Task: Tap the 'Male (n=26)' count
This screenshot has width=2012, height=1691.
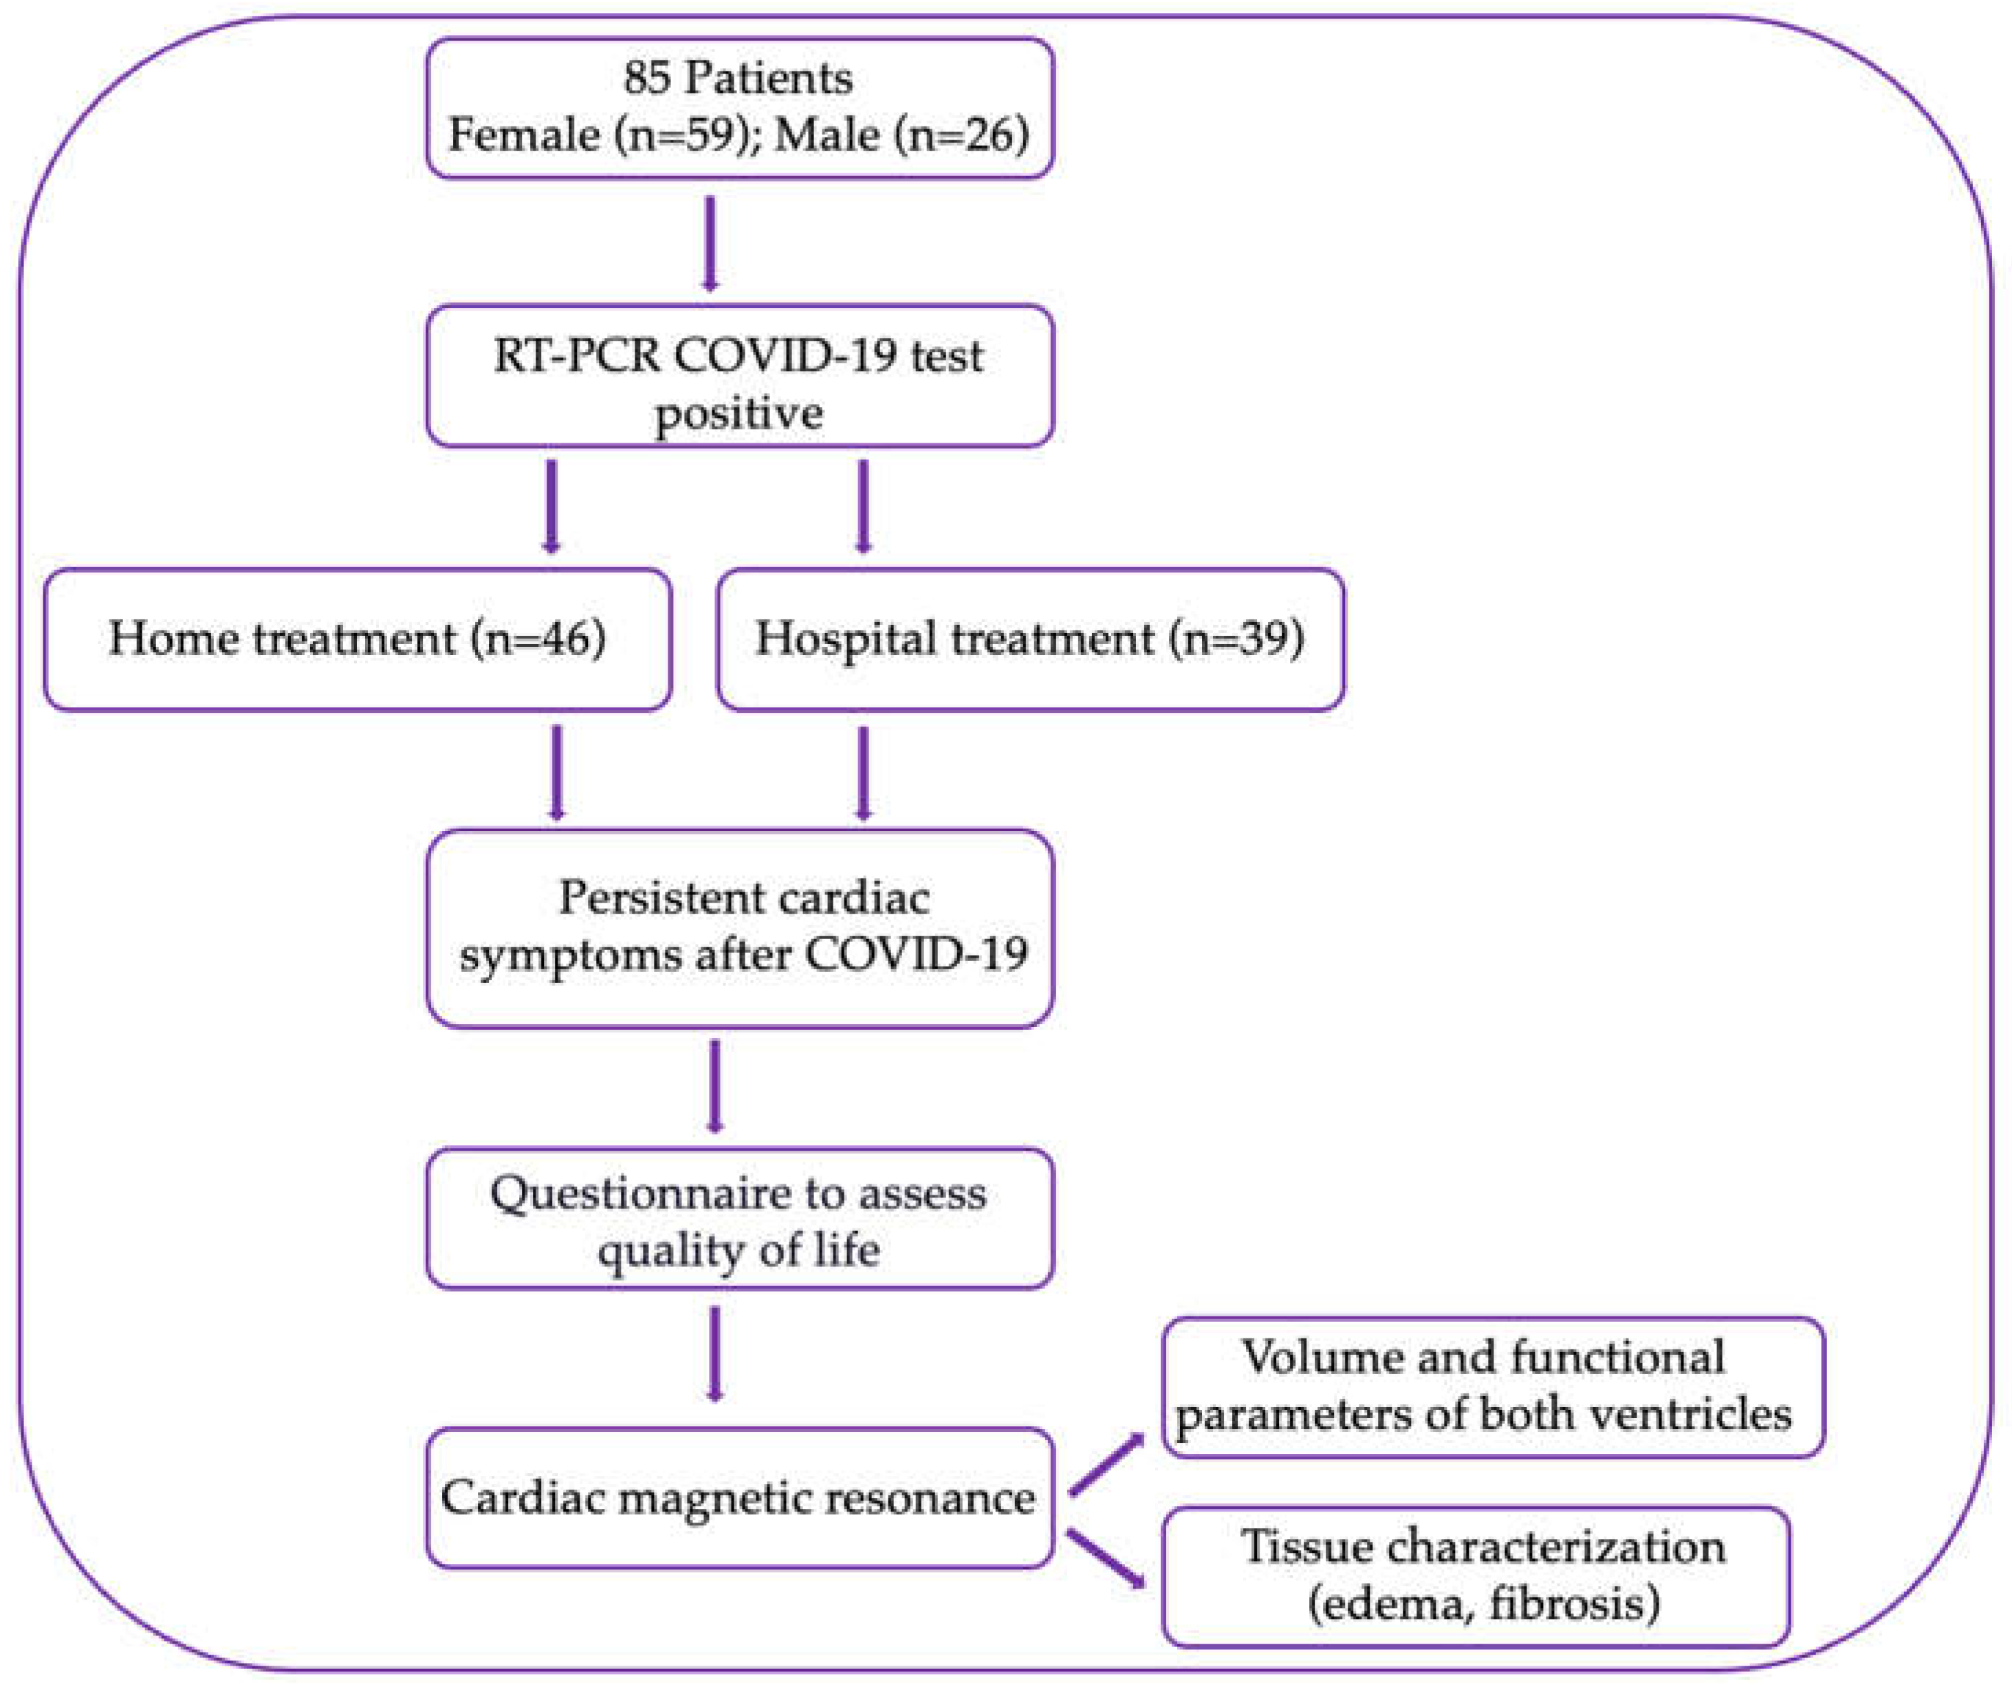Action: (901, 134)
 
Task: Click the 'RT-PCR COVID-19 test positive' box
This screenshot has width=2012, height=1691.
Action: (739, 376)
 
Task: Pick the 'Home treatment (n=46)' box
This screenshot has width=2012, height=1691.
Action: (357, 639)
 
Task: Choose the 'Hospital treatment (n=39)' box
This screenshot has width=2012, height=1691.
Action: (1030, 639)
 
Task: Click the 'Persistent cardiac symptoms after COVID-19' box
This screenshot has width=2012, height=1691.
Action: (739, 928)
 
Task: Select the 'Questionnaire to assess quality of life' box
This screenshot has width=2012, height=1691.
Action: (739, 1219)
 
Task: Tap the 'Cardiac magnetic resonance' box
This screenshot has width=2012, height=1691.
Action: (739, 1497)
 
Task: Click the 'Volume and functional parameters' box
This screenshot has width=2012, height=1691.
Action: (1492, 1387)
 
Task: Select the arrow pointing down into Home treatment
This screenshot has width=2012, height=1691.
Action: (551, 506)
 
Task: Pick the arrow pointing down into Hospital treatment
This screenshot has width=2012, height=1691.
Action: (863, 506)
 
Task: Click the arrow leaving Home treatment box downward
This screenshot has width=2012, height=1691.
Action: (556, 773)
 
